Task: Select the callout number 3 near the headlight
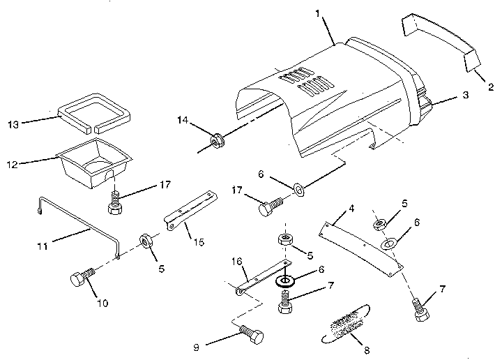click(x=466, y=98)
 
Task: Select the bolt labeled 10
click(x=82, y=280)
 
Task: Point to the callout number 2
click(x=490, y=87)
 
